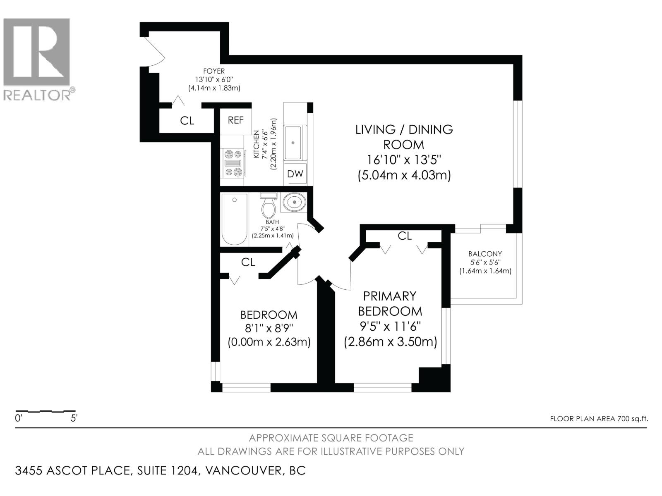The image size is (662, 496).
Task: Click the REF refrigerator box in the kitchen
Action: (236, 120)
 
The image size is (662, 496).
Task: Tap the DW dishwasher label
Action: (295, 174)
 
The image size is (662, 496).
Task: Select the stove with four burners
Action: (233, 163)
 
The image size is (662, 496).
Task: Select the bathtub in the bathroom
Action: (235, 219)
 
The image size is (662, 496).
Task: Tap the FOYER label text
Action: (214, 71)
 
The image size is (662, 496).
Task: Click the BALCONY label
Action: (485, 254)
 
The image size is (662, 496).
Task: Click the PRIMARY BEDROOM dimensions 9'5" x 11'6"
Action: (390, 327)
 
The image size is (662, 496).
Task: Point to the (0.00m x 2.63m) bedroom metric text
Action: (269, 342)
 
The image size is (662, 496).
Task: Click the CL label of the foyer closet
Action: (187, 121)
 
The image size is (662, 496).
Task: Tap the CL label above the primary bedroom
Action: (404, 236)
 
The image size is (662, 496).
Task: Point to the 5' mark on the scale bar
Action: (74, 418)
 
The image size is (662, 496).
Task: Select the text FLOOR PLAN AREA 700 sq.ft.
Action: (599, 419)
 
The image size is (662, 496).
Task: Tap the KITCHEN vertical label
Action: (256, 144)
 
